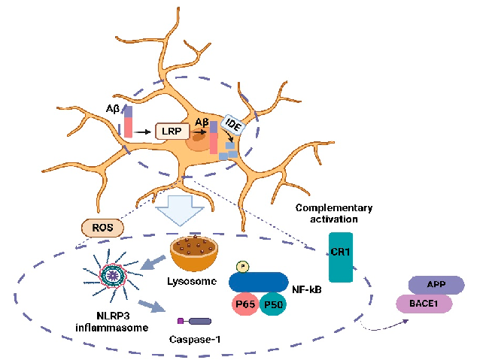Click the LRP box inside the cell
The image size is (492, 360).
[x=171, y=132]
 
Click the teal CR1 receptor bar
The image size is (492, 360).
[x=340, y=257]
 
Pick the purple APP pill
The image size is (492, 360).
[x=436, y=285]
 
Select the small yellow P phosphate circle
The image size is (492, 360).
[x=241, y=266]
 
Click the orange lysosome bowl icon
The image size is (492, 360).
[x=196, y=253]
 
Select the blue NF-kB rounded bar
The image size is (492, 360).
[x=257, y=283]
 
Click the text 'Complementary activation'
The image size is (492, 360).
[x=334, y=213]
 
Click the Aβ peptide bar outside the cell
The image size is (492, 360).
[x=128, y=121]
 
